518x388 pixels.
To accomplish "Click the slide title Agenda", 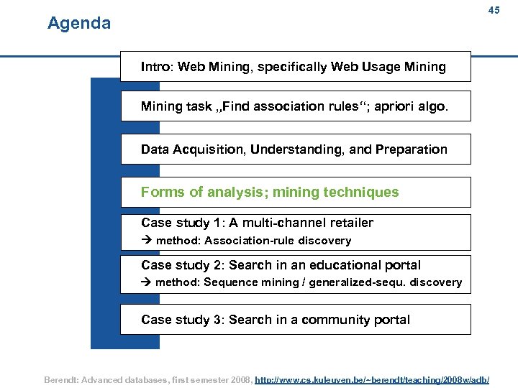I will pyautogui.click(x=79, y=24).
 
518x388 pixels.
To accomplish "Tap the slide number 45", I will pyautogui.click(x=494, y=10).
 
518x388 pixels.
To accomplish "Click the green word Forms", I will pyautogui.click(x=163, y=192).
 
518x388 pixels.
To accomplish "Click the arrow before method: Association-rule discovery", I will pyautogui.click(x=146, y=241).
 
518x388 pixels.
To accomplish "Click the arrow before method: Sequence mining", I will pyautogui.click(x=146, y=282).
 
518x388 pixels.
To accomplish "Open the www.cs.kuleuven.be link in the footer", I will pyautogui.click(x=372, y=379).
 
